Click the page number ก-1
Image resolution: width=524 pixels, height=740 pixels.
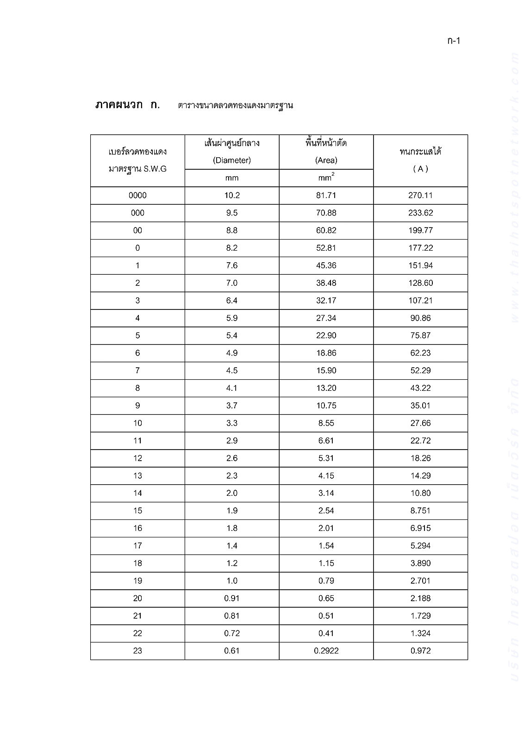tap(454, 41)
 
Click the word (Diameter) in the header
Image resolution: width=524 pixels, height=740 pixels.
tap(232, 160)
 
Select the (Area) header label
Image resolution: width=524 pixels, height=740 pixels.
tap(326, 160)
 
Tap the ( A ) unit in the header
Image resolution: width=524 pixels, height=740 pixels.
tap(420, 169)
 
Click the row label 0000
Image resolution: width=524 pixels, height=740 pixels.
tap(137, 195)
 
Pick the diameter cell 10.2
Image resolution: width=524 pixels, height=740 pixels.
tap(232, 195)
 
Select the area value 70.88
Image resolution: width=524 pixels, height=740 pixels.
tap(326, 213)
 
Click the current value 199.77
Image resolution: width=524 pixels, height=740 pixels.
tap(420, 230)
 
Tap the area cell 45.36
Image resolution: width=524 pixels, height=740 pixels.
tap(326, 265)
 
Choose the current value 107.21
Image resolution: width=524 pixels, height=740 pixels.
tap(420, 301)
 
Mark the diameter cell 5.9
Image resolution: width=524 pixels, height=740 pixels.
tap(232, 318)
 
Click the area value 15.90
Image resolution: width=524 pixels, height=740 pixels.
tap(326, 370)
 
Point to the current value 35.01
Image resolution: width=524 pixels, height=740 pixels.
tap(420, 406)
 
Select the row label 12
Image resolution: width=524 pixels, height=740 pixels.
tap(137, 458)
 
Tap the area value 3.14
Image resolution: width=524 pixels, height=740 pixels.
tap(326, 493)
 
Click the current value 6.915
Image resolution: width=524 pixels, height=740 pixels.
tap(420, 528)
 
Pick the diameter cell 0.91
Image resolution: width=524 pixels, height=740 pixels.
tap(232, 598)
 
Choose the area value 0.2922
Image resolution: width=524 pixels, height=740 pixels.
tap(326, 651)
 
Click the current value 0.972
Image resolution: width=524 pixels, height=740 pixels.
tap(420, 651)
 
